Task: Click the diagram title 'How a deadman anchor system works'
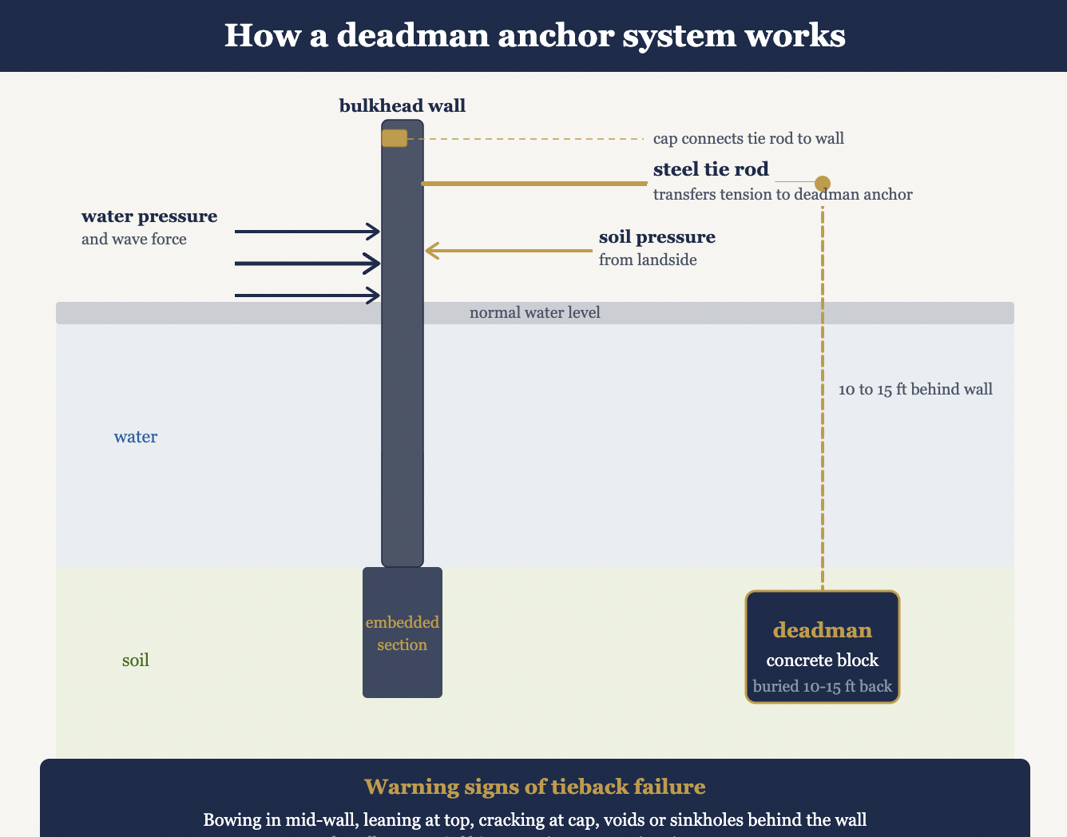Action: click(x=534, y=36)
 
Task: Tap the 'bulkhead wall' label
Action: click(x=402, y=105)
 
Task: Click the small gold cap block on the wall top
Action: click(x=395, y=138)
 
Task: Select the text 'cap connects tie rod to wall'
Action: click(x=748, y=138)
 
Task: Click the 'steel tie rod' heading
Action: click(x=711, y=169)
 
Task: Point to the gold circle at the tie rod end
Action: click(x=822, y=183)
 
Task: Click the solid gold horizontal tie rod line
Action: click(x=534, y=184)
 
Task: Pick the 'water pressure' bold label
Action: click(x=149, y=216)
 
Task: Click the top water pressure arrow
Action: click(x=307, y=232)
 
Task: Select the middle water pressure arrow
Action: click(x=307, y=263)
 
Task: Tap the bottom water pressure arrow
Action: click(x=307, y=296)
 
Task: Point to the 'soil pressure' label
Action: click(x=656, y=237)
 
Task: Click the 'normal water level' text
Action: click(x=534, y=312)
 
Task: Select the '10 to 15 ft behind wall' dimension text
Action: click(x=915, y=390)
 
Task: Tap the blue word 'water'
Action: click(x=136, y=437)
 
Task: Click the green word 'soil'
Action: click(x=136, y=660)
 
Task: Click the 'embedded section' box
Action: click(x=403, y=633)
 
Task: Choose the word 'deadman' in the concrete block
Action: click(x=822, y=630)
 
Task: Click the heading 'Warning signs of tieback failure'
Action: click(x=534, y=787)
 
